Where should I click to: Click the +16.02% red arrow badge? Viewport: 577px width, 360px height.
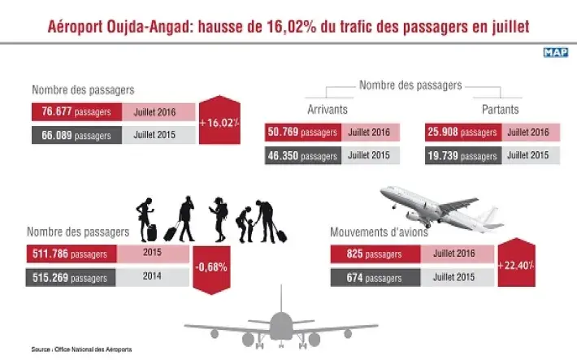(x=219, y=122)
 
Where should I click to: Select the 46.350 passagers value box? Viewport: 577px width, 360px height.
(x=303, y=154)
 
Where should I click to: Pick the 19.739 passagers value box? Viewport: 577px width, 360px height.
(x=462, y=154)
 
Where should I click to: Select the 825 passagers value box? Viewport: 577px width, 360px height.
(x=375, y=254)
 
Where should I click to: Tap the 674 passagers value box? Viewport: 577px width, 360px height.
(x=375, y=277)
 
